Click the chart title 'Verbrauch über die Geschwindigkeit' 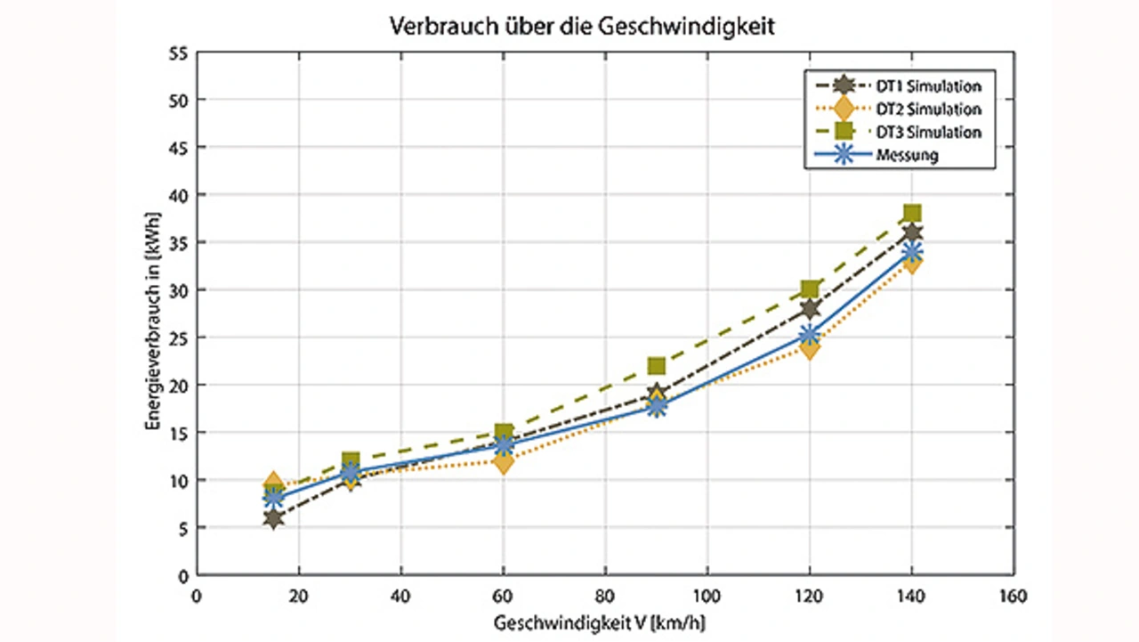pyautogui.click(x=583, y=27)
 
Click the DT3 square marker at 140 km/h pyautogui.click(x=912, y=213)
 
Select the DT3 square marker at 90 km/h pyautogui.click(x=657, y=366)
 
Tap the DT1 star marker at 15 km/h pyautogui.click(x=273, y=518)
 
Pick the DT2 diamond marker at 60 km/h pyautogui.click(x=504, y=462)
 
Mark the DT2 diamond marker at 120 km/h pyautogui.click(x=810, y=347)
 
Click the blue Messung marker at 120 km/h pyautogui.click(x=810, y=335)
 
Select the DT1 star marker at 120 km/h pyautogui.click(x=810, y=308)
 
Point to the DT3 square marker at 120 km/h pyautogui.click(x=810, y=289)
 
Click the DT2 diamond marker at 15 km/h pyautogui.click(x=273, y=484)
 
